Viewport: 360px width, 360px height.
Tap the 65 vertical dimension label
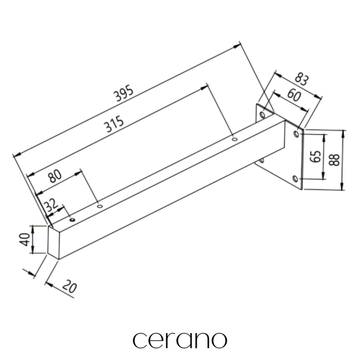(316, 157)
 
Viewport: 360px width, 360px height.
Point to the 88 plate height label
(334, 160)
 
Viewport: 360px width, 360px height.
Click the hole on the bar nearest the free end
(72, 220)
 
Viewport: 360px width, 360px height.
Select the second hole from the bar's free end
(99, 207)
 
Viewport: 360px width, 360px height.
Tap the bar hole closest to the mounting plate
(234, 139)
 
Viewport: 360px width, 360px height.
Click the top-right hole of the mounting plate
(296, 134)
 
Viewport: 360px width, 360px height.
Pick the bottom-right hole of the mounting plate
(295, 179)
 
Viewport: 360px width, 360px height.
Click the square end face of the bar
(54, 242)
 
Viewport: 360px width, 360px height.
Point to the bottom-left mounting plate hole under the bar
(261, 160)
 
